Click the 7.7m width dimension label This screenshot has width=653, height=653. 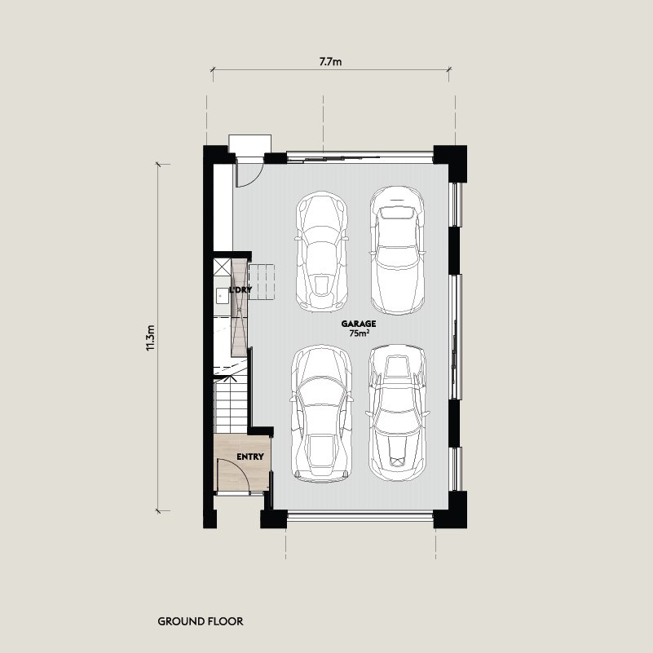330,62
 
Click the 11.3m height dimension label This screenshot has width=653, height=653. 150,338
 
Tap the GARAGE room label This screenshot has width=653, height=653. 359,324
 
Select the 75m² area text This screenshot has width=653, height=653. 360,333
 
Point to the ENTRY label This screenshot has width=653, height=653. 250,457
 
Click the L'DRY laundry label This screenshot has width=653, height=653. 240,290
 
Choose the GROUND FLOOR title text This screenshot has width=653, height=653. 201,621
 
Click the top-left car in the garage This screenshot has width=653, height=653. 321,252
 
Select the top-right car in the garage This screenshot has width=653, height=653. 397,250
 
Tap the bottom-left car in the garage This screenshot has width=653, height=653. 321,413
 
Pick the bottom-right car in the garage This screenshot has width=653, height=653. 398,413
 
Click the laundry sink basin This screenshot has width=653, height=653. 222,296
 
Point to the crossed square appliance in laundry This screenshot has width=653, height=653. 222,267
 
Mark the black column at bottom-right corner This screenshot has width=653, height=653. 450,510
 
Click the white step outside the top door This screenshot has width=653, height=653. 250,145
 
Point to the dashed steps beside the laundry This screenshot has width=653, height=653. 262,282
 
